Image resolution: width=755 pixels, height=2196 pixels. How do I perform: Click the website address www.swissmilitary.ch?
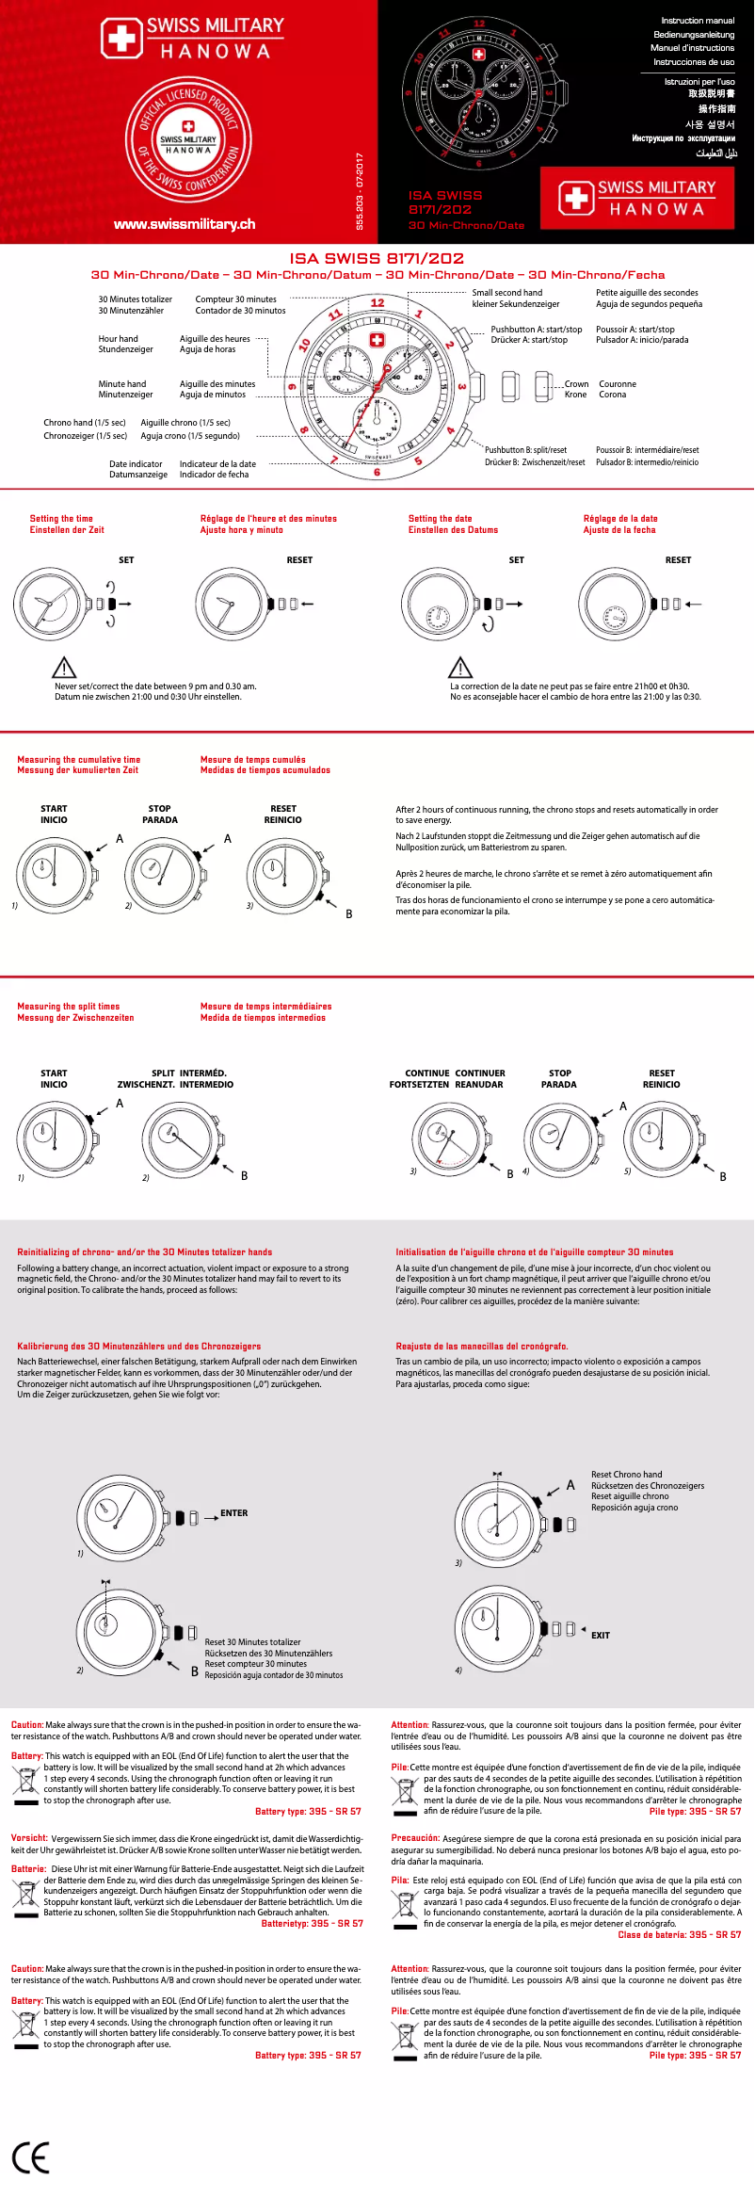185,224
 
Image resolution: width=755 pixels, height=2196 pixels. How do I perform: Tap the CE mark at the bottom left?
30,2157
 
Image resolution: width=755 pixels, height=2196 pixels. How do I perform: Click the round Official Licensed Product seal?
188,138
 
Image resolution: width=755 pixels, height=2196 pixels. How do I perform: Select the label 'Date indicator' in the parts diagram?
136,463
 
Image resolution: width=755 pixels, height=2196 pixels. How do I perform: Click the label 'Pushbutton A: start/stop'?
536,330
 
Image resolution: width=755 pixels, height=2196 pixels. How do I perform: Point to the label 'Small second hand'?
506,293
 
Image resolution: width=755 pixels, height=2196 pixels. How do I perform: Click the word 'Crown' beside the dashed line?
576,384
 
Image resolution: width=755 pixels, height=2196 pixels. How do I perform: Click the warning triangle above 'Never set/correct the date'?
63,668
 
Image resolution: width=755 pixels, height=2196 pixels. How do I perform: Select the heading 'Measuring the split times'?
68,1006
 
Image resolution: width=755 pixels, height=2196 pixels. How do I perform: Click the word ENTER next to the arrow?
233,1513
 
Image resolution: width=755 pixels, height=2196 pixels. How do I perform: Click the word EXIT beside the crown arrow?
600,1636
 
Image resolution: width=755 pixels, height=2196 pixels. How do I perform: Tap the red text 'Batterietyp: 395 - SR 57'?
312,1923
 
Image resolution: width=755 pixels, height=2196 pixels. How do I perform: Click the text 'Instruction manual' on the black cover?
697,21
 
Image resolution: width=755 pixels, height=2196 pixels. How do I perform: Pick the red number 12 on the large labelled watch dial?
377,303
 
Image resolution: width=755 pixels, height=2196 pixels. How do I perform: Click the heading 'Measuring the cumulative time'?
78,759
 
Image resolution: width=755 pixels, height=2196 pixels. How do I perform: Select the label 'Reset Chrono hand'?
626,1475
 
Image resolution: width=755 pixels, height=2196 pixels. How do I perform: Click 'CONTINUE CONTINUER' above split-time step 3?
455,1073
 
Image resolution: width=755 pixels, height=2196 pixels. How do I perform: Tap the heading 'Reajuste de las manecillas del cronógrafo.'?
481,1346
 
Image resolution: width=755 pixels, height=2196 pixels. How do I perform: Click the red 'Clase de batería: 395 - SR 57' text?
679,1934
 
